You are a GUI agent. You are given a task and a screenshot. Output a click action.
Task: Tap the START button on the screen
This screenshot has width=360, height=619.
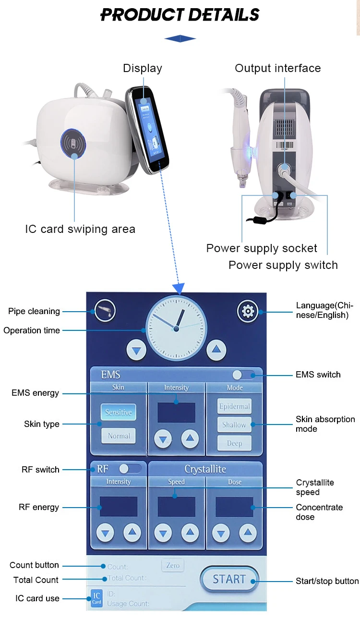[229, 579]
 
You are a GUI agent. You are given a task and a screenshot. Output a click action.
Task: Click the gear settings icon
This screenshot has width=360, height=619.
[248, 311]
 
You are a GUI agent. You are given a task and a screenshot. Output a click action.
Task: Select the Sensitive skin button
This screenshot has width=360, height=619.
[119, 412]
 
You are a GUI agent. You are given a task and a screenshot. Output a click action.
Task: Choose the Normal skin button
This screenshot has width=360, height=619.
[119, 436]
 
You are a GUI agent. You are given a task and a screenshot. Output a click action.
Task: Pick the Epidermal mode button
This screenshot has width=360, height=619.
[234, 406]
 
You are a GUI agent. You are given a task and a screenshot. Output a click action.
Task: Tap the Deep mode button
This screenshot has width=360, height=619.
[234, 443]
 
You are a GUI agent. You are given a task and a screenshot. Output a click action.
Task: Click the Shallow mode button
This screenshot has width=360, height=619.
[234, 425]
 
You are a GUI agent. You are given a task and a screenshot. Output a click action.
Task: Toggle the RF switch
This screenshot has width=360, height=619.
[130, 468]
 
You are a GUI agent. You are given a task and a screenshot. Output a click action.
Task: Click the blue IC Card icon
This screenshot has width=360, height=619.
[96, 599]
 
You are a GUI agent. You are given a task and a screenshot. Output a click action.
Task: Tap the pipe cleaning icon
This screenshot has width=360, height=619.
[104, 311]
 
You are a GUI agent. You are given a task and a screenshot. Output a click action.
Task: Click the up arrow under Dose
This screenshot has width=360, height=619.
[248, 533]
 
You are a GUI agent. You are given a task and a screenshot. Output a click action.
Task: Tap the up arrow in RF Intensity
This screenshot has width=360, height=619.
[132, 533]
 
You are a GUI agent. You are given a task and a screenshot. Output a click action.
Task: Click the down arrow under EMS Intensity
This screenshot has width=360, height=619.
[163, 438]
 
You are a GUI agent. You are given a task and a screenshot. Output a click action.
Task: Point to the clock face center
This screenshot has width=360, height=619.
[176, 328]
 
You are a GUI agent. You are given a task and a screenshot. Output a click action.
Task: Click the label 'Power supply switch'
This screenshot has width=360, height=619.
[283, 265]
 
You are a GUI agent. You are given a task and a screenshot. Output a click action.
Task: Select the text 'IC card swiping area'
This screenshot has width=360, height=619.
[80, 229]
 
